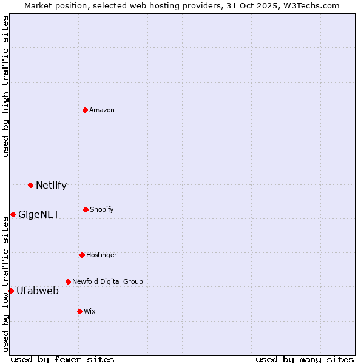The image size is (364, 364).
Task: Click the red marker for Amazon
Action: pos(86,110)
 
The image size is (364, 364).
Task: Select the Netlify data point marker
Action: pos(30,185)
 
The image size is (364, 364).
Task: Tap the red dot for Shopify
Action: pos(86,209)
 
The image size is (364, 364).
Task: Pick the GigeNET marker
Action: pos(13,214)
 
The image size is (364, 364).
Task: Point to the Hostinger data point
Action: pos(82,255)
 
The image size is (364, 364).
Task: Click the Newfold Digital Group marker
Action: pos(68,281)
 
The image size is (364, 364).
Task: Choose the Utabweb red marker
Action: pos(11,291)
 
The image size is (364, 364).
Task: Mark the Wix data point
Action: pos(79,311)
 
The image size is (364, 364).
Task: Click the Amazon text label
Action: pos(102,110)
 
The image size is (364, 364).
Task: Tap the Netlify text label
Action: pos(51,186)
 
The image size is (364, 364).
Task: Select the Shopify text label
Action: pos(102,209)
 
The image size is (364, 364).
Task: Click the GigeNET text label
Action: pos(39,214)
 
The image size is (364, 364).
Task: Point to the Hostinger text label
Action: pos(101,255)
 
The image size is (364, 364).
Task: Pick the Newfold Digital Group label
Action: pos(107,281)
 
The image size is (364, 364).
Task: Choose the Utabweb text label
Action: pos(38,291)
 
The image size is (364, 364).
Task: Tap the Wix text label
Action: pos(90,311)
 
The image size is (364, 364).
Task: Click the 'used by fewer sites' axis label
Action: pos(62,359)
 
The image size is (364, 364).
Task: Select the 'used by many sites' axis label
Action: pos(305,359)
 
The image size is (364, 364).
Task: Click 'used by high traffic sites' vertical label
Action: pos(5,86)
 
